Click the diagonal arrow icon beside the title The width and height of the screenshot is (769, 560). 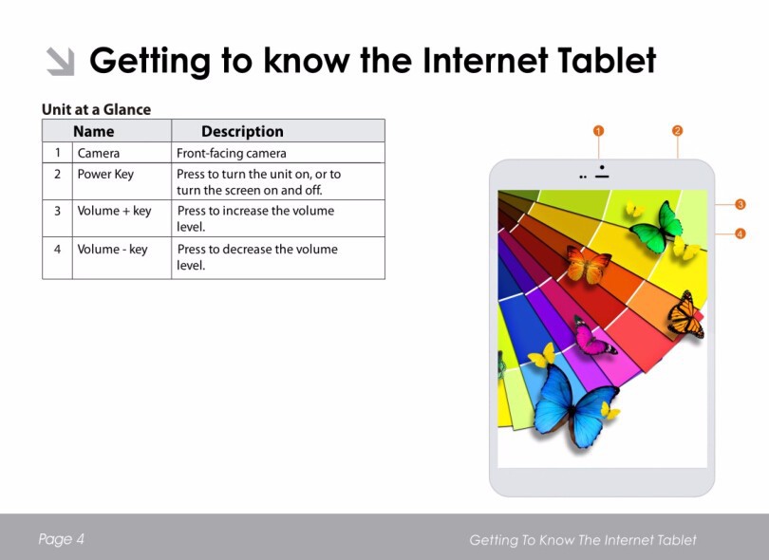click(x=61, y=62)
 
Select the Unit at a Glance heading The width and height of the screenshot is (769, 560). click(x=96, y=109)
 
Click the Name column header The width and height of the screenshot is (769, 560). click(x=94, y=131)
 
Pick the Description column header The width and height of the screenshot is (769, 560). click(x=242, y=131)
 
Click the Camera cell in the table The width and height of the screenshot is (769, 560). click(x=99, y=153)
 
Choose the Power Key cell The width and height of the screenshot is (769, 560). click(x=105, y=175)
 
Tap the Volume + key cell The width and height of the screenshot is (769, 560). click(x=114, y=211)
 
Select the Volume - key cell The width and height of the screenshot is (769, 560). click(x=112, y=249)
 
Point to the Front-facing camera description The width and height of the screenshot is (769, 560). click(x=231, y=153)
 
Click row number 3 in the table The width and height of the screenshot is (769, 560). click(x=57, y=211)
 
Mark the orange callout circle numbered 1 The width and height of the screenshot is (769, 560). click(x=598, y=131)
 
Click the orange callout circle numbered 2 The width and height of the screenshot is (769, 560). click(x=677, y=130)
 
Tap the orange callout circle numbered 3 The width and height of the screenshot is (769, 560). click(x=741, y=204)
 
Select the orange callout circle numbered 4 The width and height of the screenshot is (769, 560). click(x=741, y=233)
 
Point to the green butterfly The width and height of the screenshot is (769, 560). click(x=657, y=228)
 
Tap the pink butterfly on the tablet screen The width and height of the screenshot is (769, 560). click(x=592, y=337)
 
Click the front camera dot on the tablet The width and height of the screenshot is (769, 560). click(x=602, y=167)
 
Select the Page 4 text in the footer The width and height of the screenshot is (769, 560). click(x=62, y=539)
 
